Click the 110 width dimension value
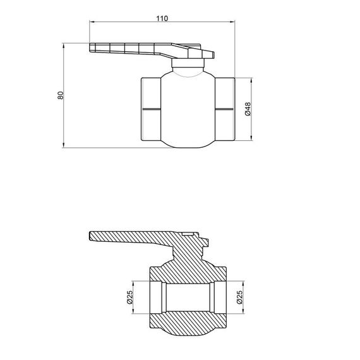tap(161, 18)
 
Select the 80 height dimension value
tap(61, 96)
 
